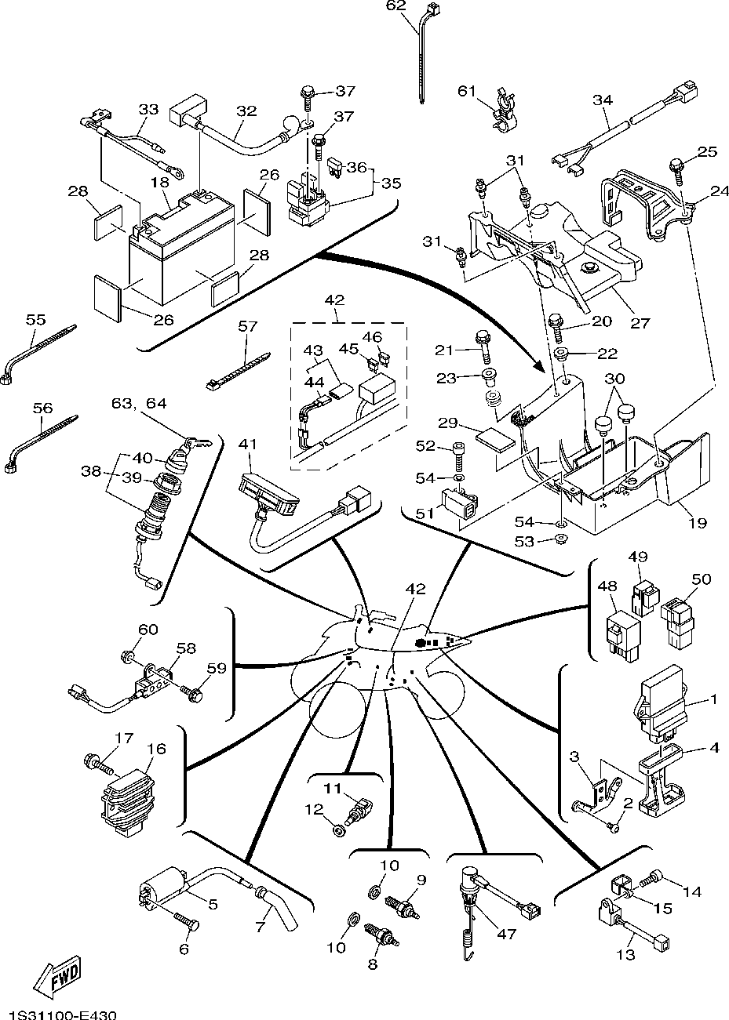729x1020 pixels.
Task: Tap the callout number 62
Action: click(x=397, y=7)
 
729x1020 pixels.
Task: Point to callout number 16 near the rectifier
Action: click(x=156, y=749)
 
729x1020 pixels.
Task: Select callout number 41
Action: click(x=248, y=445)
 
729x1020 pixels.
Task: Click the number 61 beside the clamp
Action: click(x=468, y=92)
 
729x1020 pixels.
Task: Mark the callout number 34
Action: click(x=603, y=100)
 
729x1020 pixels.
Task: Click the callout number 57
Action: click(x=248, y=326)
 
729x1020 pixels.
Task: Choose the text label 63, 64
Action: click(x=140, y=405)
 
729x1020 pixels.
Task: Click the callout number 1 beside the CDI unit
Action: click(x=714, y=698)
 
